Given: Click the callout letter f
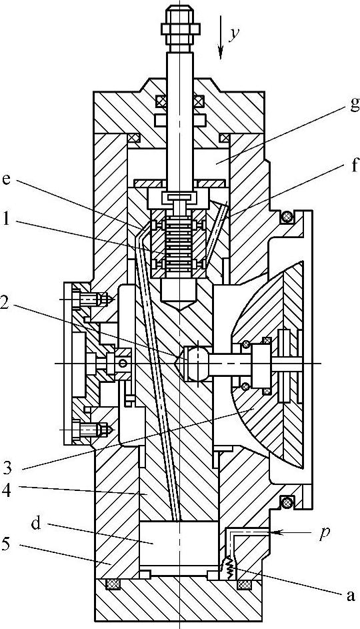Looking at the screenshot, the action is click(x=354, y=165).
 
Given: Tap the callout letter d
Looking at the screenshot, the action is click(x=37, y=523).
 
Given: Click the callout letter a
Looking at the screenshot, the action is click(x=351, y=596).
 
